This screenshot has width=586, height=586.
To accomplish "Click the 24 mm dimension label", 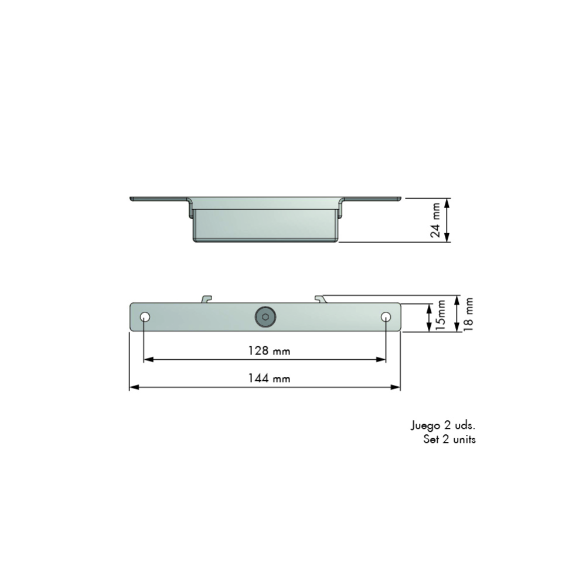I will click(x=435, y=220).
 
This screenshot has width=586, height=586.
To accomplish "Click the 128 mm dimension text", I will click(x=265, y=351).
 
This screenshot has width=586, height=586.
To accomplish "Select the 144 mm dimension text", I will click(x=265, y=379).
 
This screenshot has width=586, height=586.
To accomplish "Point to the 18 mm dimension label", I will click(x=468, y=315).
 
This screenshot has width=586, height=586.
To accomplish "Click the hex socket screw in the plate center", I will click(x=265, y=317).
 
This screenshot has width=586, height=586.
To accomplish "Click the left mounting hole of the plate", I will click(x=144, y=317).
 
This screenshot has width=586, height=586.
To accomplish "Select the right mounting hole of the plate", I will click(x=386, y=317).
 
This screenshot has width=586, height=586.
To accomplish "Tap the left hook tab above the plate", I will click(x=206, y=299).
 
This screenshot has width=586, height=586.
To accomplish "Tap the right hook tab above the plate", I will click(x=319, y=299).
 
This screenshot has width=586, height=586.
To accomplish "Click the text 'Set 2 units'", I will click(x=449, y=439).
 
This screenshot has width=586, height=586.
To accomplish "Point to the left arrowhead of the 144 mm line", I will click(x=133, y=387).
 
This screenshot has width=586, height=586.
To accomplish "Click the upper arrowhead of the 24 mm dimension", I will click(x=447, y=202).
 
